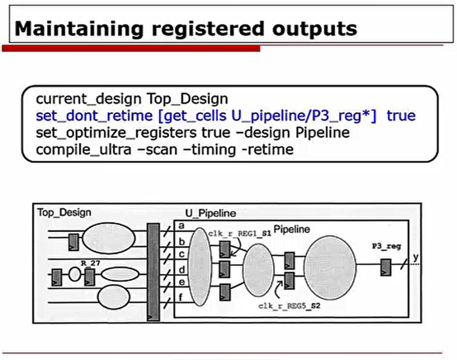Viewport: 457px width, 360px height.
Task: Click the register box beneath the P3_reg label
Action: (x=386, y=266)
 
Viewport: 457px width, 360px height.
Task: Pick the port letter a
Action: (x=179, y=225)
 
